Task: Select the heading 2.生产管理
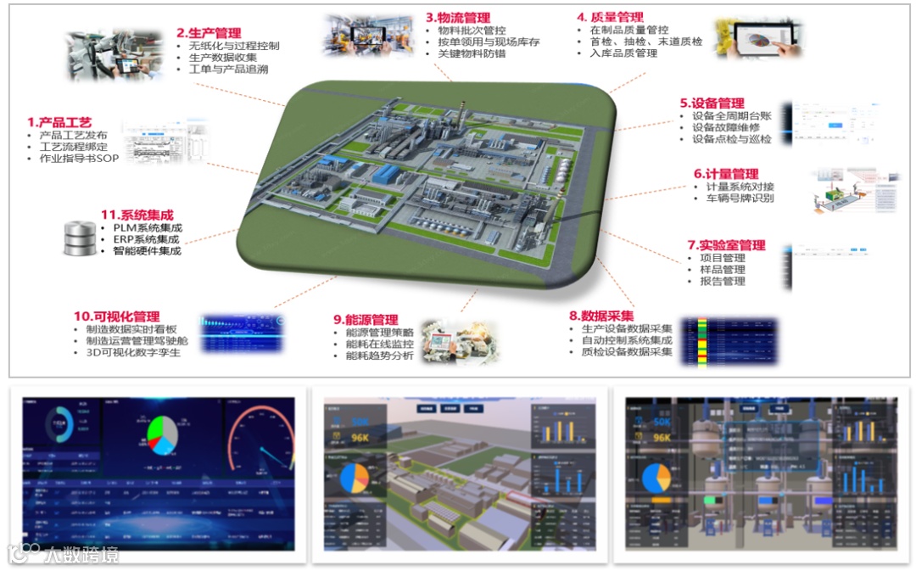(x=209, y=33)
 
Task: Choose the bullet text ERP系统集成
(x=146, y=239)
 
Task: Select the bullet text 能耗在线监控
(x=379, y=344)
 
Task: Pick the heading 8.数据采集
(x=601, y=316)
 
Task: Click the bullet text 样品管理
(x=723, y=270)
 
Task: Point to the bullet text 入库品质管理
(x=623, y=53)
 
